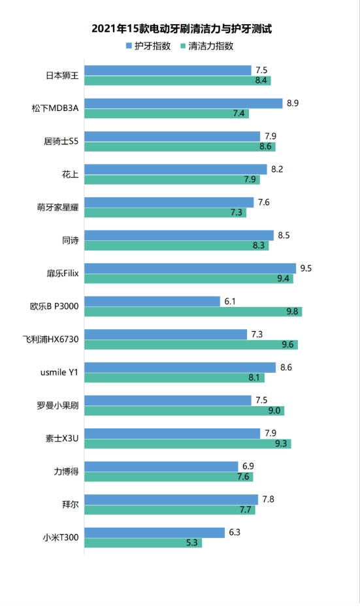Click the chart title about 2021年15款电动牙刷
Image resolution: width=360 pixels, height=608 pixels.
[181, 29]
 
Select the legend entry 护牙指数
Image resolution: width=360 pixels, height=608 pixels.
[152, 46]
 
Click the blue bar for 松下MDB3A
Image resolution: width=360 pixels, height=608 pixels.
[183, 103]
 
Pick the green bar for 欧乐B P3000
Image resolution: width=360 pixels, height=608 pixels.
[193, 312]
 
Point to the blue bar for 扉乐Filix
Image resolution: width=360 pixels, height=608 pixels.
[189, 268]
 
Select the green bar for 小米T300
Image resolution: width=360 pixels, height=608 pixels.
[142, 543]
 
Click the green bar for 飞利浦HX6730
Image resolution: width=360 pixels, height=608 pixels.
[191, 344]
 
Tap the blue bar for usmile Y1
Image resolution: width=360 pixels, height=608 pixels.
[180, 368]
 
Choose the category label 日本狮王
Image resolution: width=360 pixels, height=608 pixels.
[62, 76]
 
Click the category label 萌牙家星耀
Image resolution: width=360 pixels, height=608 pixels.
[57, 208]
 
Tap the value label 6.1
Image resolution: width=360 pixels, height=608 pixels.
[230, 301]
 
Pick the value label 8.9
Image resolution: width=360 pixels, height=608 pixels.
[293, 103]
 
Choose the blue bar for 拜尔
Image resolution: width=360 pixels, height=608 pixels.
[171, 500]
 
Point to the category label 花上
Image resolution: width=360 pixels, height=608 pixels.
[71, 174]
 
